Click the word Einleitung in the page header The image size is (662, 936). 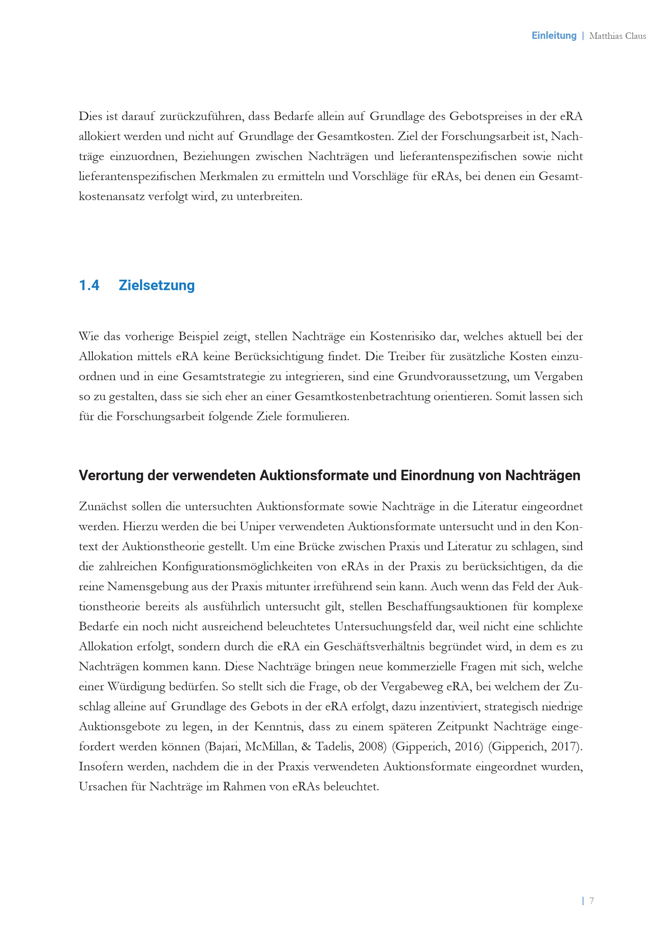tap(554, 36)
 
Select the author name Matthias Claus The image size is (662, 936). tap(617, 36)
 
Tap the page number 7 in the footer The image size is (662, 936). tap(592, 900)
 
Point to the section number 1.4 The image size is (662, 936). tap(89, 285)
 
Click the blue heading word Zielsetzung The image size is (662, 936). tap(156, 285)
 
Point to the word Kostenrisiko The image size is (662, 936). tap(402, 337)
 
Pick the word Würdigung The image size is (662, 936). tap(136, 687)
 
